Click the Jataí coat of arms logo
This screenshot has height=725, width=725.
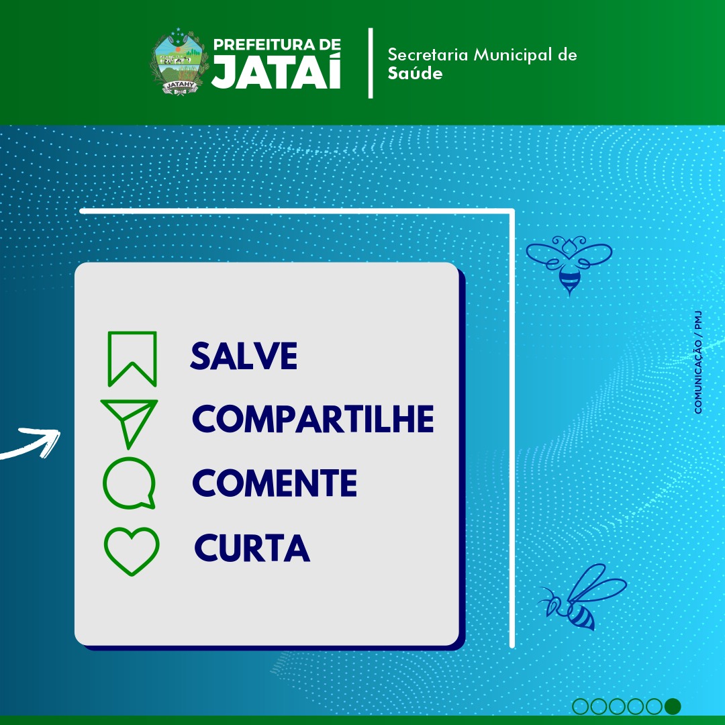click(x=179, y=62)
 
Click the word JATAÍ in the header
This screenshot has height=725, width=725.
click(x=277, y=71)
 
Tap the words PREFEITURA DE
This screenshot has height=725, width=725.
click(x=277, y=44)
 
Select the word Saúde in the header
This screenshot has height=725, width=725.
click(x=415, y=73)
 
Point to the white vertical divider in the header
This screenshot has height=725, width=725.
click(x=371, y=63)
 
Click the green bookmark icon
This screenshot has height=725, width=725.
click(x=132, y=358)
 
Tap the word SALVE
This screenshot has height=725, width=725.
click(x=244, y=356)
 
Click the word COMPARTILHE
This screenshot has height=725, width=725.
click(x=313, y=418)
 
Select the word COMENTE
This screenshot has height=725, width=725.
click(x=275, y=483)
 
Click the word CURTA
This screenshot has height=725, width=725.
click(x=252, y=548)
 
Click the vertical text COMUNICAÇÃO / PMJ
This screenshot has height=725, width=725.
click(x=698, y=362)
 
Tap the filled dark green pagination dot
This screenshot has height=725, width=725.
click(x=673, y=706)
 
